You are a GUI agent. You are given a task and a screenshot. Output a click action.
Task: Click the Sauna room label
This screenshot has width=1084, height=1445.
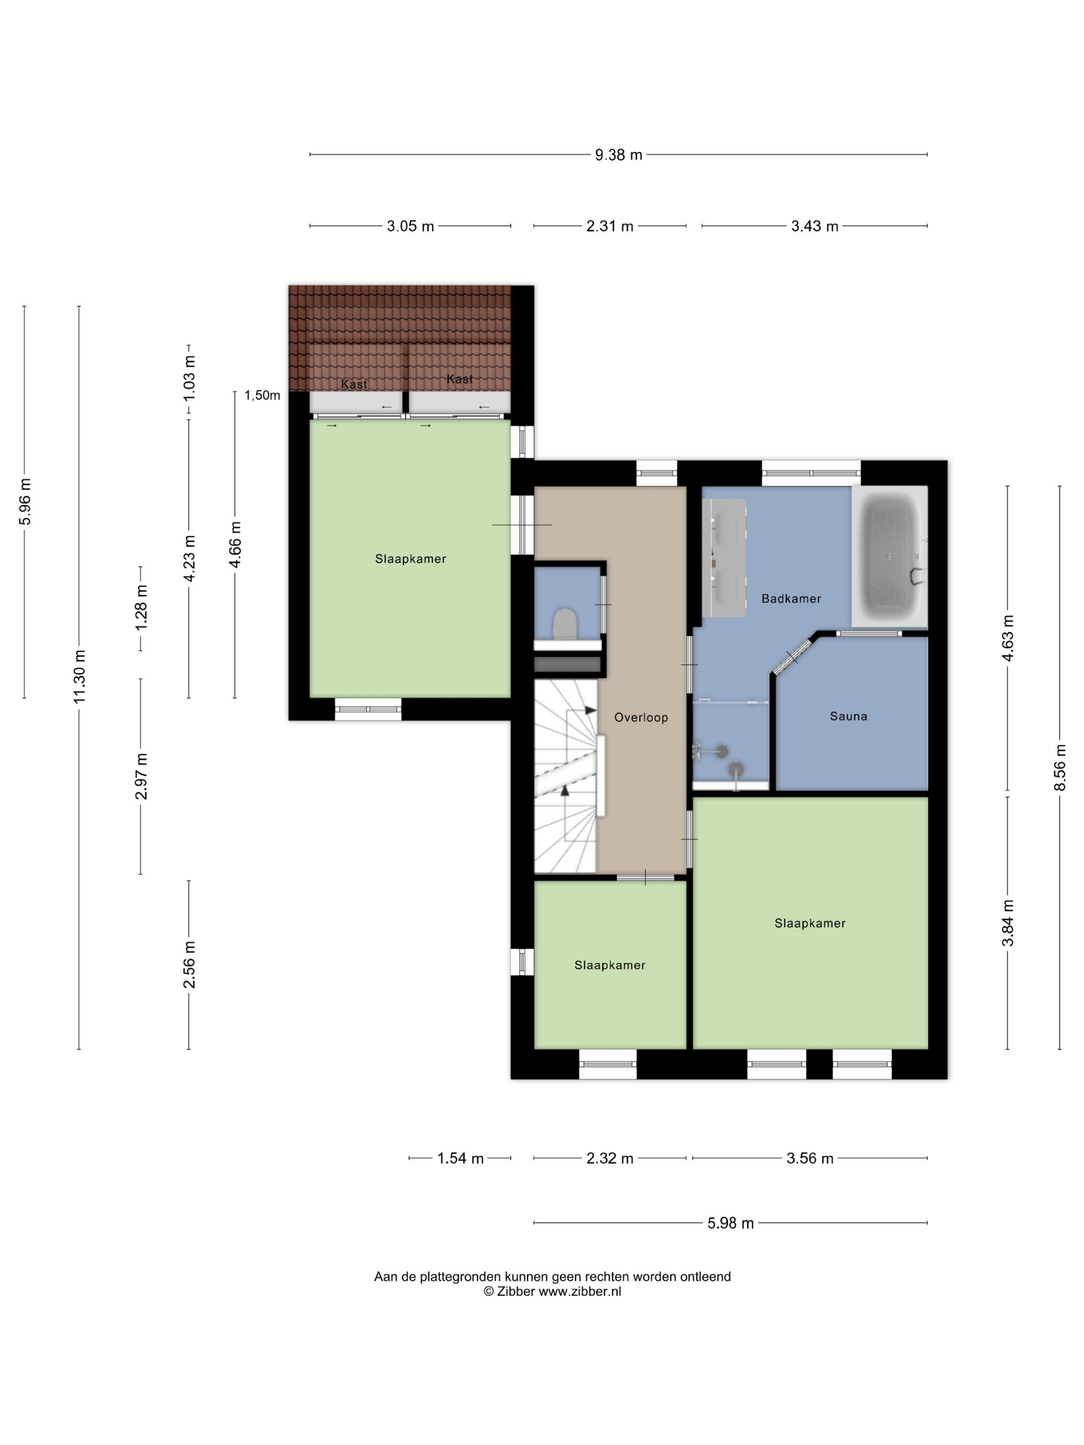(x=848, y=716)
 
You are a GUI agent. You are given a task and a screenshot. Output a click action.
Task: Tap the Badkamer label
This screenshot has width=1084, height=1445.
(x=791, y=598)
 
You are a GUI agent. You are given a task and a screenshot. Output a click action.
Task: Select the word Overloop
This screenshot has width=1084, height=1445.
(x=641, y=717)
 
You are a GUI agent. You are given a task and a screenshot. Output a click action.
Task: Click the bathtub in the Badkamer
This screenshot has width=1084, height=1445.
(x=889, y=556)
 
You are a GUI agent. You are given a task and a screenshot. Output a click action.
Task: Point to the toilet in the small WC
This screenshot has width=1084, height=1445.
(x=565, y=623)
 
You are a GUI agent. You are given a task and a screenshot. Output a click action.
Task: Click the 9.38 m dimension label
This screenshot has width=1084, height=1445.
(x=618, y=155)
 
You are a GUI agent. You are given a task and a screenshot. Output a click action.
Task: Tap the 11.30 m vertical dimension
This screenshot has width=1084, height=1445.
(x=79, y=677)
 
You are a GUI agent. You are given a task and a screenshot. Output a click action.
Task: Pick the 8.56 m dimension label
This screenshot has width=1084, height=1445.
(x=1060, y=767)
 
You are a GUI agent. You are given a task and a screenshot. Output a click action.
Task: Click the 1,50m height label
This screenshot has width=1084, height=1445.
(x=262, y=395)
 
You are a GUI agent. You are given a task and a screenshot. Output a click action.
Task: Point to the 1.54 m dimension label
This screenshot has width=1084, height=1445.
(x=460, y=1158)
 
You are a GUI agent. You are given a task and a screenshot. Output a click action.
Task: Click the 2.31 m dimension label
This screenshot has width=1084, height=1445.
(x=610, y=226)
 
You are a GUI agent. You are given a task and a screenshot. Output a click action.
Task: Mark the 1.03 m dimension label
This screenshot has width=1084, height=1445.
(x=189, y=378)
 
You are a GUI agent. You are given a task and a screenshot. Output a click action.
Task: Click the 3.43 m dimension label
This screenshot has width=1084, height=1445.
(x=814, y=226)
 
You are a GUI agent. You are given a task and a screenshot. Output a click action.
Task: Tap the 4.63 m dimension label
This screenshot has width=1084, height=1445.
(x=1008, y=638)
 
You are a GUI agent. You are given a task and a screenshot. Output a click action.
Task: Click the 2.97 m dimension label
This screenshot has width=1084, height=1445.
(x=141, y=776)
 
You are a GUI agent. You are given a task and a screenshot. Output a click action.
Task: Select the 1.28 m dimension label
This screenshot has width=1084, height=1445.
(x=141, y=607)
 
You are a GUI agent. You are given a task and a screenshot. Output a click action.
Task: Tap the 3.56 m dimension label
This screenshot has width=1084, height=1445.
(x=809, y=1158)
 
